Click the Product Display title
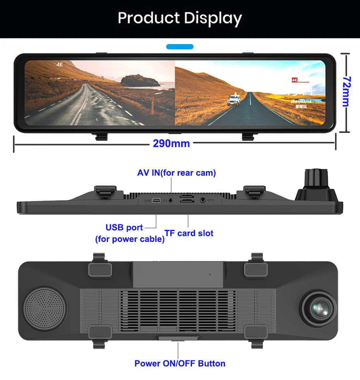tap(180, 18)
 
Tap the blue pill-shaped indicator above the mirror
tap(180, 47)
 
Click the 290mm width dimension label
tap(171, 144)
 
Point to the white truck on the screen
tap(234, 99)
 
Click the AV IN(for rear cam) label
tap(177, 173)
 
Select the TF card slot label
tap(189, 233)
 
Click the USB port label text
tap(124, 228)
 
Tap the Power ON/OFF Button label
tap(180, 363)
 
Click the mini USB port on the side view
tap(156, 200)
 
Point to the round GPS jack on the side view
tap(203, 200)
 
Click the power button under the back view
tap(177, 338)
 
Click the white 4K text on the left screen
tap(60, 65)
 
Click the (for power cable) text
tap(130, 239)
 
